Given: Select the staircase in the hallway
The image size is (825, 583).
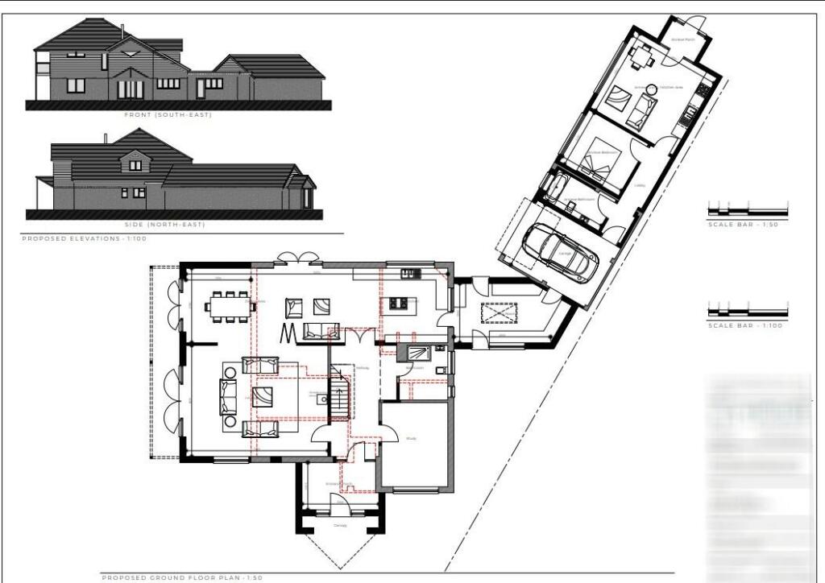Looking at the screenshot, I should pos(341,393).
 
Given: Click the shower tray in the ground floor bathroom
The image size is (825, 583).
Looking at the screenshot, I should pos(417,352).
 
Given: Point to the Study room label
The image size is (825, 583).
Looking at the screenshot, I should pos(410,439).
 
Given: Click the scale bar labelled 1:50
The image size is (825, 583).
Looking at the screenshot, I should pos(747,212).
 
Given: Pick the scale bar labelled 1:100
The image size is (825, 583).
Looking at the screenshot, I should pos(747,312).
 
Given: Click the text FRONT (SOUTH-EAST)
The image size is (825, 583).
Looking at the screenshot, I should pos(168,115).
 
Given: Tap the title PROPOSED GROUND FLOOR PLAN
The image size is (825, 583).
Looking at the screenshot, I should pos(182,577).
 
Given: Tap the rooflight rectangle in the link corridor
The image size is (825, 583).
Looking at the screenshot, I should pos(499,312).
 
